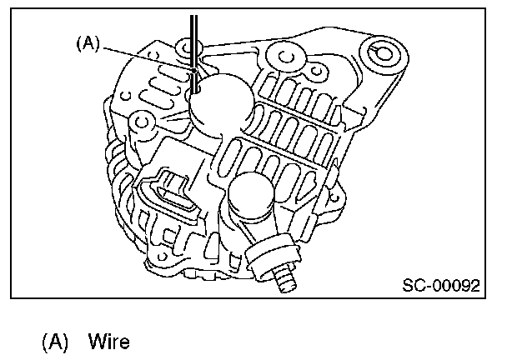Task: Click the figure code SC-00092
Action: [x=440, y=285]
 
